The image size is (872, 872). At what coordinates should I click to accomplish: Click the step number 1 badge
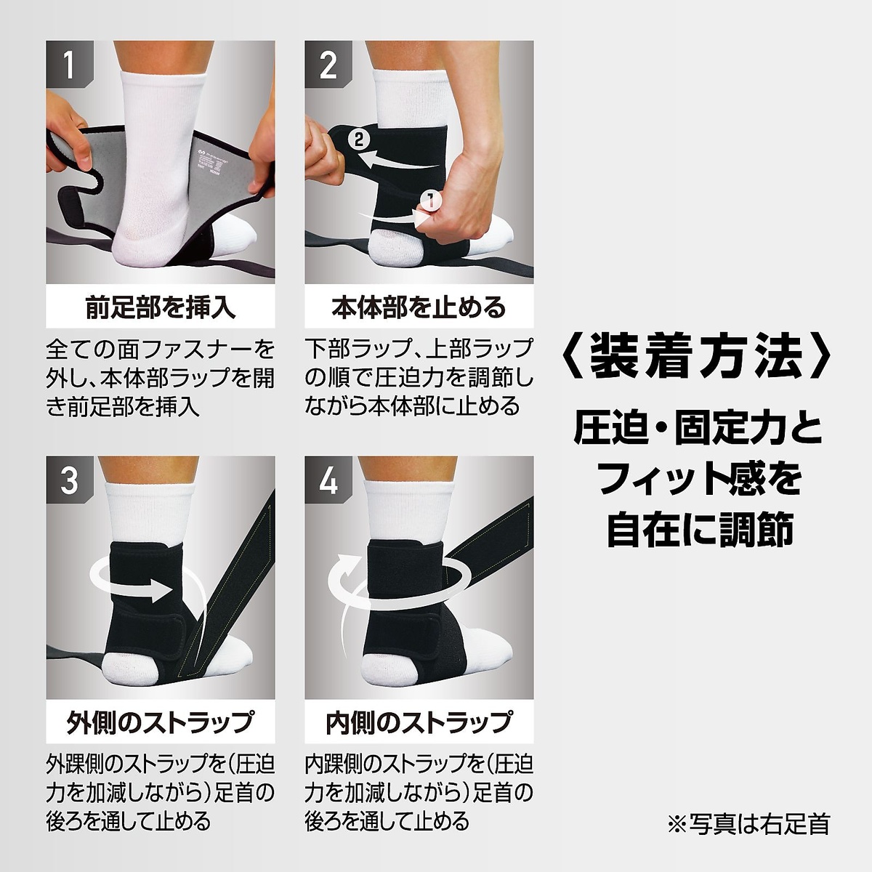point(70,65)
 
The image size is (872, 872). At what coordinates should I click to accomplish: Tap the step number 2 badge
point(328,65)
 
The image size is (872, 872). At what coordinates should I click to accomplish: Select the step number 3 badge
point(70,480)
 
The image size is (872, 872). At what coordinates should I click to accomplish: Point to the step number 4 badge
point(328,480)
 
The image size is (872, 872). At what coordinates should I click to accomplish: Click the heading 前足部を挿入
point(161,307)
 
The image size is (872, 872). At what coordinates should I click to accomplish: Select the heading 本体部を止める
point(419,307)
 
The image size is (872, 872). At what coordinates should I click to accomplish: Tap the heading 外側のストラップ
point(161,722)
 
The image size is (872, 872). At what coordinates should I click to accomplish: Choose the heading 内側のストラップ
point(419,722)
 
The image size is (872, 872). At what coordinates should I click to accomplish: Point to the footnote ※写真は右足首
point(748,823)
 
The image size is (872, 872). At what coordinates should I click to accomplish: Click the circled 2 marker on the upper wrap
point(360,139)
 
